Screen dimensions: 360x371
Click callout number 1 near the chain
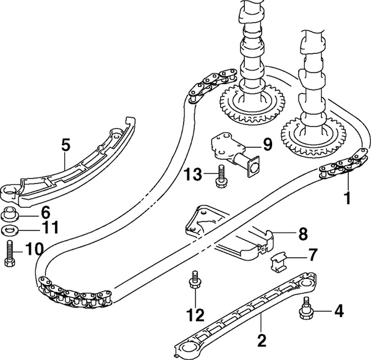tap(347, 199)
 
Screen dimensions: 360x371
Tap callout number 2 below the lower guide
tap(262, 339)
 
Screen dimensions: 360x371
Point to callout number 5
tap(66, 146)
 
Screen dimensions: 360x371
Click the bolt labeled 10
tap(10, 255)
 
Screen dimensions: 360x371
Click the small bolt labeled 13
tap(220, 176)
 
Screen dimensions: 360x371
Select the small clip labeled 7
tap(279, 262)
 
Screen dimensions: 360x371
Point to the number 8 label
tap(302, 234)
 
